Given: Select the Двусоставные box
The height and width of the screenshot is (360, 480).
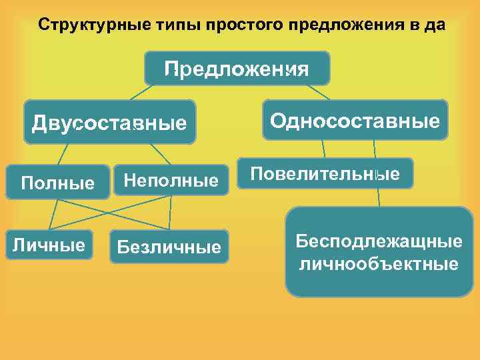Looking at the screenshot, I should [109, 123].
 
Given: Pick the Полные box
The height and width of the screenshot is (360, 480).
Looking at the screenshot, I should [57, 182].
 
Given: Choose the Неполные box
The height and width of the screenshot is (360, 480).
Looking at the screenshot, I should [171, 180].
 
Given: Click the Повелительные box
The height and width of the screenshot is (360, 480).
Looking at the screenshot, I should [325, 174].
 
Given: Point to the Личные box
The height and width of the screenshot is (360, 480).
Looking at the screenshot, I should [49, 245].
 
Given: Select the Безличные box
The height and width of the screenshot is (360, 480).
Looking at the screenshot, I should [169, 247].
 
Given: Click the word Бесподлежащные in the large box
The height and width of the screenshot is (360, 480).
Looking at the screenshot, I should [379, 240].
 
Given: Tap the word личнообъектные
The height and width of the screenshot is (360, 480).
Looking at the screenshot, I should [379, 264].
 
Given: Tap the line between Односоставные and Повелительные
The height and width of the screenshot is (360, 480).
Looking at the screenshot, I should [324, 149].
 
